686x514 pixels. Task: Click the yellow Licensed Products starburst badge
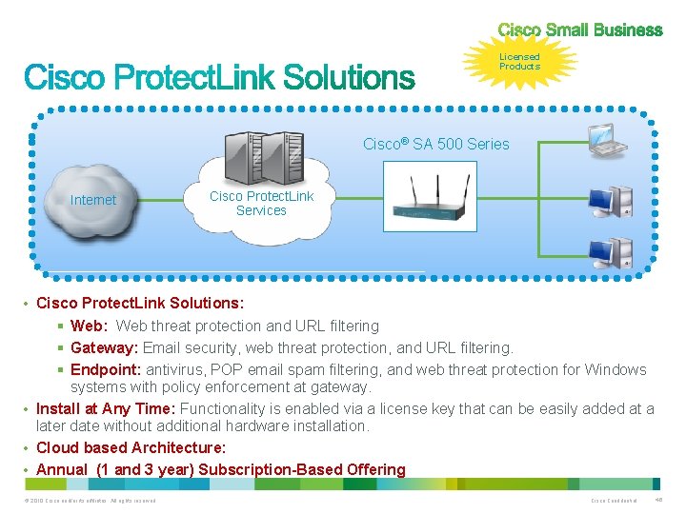pyautogui.click(x=519, y=62)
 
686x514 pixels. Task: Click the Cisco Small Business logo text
pyautogui.click(x=579, y=30)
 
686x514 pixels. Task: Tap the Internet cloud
pyautogui.click(x=92, y=200)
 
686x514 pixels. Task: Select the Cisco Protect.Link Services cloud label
pyautogui.click(x=261, y=204)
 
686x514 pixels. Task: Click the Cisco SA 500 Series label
pyautogui.click(x=435, y=144)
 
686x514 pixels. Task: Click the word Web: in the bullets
pyautogui.click(x=89, y=326)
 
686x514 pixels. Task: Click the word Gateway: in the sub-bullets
pyautogui.click(x=102, y=348)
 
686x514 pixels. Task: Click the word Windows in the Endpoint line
pyautogui.click(x=615, y=369)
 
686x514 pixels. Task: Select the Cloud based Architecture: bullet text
pyautogui.click(x=131, y=447)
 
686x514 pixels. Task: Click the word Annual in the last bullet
pyautogui.click(x=61, y=469)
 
